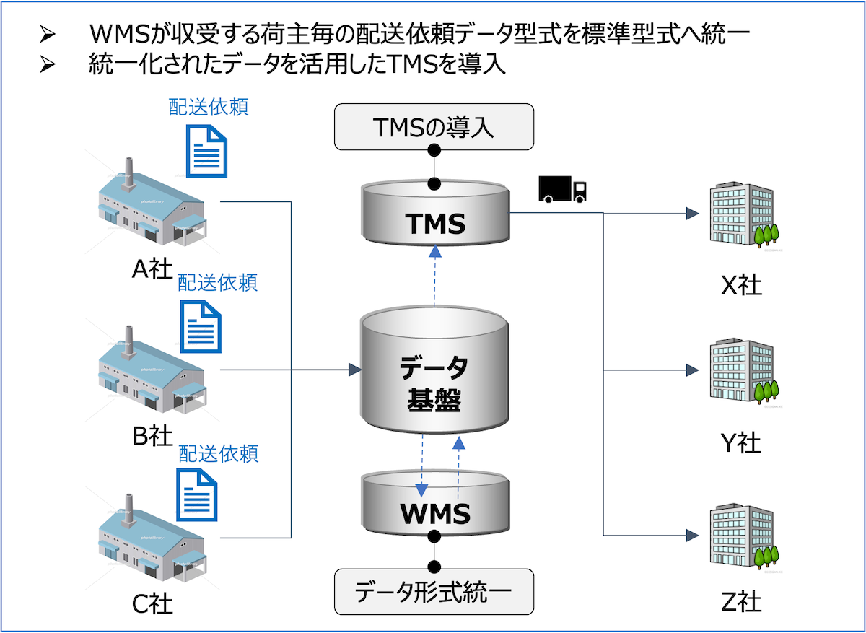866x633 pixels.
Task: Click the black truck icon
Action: pos(562,189)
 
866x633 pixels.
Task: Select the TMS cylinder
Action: pos(434,217)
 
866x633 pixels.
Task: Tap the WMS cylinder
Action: pos(434,505)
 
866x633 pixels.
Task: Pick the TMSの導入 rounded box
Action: pos(434,127)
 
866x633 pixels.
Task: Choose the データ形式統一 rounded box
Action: pos(434,592)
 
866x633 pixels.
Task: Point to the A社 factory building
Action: pos(152,209)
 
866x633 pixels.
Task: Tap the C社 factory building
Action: pos(152,538)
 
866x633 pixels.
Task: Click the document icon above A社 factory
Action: pos(206,151)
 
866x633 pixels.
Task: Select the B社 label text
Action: pos(152,436)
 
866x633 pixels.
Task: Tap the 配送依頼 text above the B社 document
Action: pos(217,281)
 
